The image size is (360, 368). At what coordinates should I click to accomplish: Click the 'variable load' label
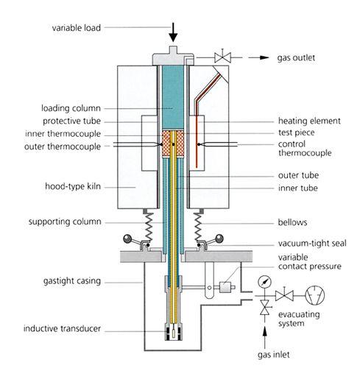coord(77,28)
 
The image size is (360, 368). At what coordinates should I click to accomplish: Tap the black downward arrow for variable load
coord(173,32)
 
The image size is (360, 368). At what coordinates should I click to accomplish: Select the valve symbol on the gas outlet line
coord(222,57)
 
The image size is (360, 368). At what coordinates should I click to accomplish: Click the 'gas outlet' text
coord(296,58)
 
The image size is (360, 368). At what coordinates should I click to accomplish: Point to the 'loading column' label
coord(71,108)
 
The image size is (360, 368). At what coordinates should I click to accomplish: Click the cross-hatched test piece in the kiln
coord(173,144)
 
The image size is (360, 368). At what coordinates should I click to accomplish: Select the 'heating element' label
coord(309,121)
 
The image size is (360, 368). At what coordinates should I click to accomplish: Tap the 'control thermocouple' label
coord(305,149)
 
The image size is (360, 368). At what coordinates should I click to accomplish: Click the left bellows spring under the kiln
coord(149,226)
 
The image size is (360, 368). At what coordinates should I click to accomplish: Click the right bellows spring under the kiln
coord(198,226)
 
